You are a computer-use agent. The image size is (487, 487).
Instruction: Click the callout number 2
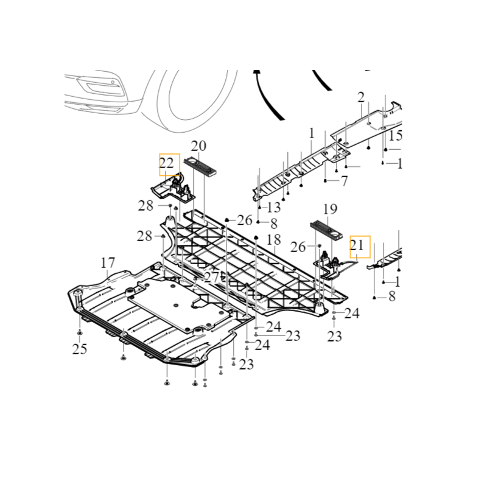tap(361, 97)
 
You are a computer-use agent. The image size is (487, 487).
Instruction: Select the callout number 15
tap(396, 135)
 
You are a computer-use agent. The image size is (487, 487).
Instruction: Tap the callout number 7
tap(344, 181)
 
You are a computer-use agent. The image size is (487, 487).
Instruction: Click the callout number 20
tap(199, 146)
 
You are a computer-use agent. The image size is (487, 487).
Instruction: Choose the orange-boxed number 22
tap(169, 163)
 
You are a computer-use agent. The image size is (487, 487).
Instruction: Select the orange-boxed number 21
tap(359, 245)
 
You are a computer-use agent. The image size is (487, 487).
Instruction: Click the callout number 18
tap(273, 239)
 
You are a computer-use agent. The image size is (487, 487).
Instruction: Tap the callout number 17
tap(108, 263)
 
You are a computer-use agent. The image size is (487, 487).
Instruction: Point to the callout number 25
tap(80, 349)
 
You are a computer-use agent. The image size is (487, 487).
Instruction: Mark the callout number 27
tap(211, 277)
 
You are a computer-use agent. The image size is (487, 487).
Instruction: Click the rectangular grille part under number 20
tap(201, 166)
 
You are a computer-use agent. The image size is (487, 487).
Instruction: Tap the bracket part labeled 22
tap(173, 189)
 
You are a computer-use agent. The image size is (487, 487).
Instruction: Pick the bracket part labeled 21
tap(332, 263)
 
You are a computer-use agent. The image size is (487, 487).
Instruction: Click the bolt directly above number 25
tap(80, 333)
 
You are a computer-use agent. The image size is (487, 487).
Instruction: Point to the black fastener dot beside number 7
tap(326, 181)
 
